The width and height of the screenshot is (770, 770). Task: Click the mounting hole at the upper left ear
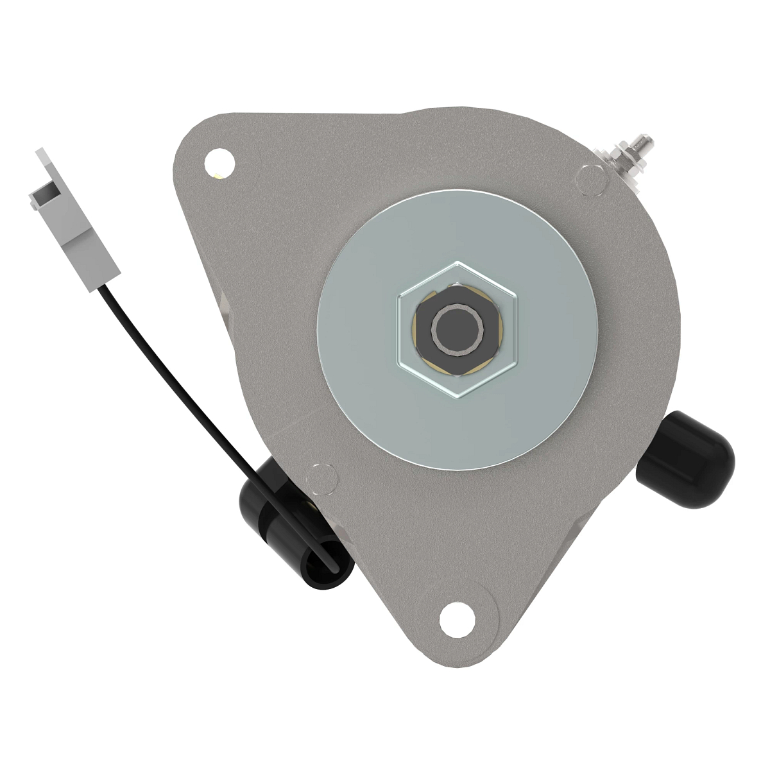(x=219, y=160)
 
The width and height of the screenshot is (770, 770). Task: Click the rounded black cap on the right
(x=690, y=457)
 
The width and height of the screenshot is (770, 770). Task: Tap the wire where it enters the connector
(x=103, y=290)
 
